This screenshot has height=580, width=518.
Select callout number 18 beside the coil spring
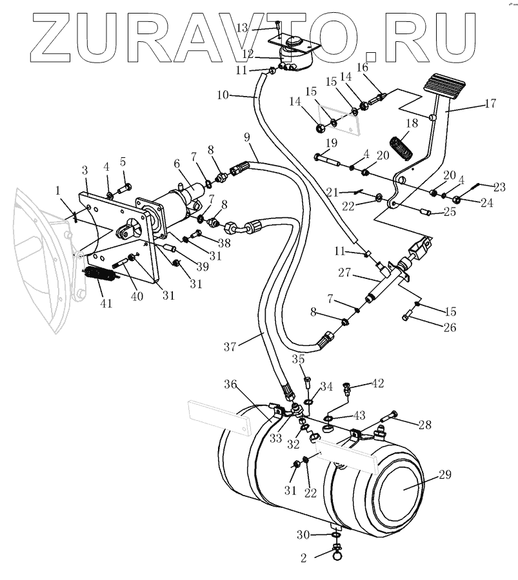click(412, 124)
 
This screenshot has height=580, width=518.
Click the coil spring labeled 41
click(99, 276)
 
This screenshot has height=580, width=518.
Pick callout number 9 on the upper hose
click(246, 137)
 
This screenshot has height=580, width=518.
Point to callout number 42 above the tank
click(377, 383)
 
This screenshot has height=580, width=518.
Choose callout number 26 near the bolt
click(449, 327)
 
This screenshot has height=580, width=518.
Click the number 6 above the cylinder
click(177, 164)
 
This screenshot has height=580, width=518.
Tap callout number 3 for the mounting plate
click(85, 170)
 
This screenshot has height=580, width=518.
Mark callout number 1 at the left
click(58, 191)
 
